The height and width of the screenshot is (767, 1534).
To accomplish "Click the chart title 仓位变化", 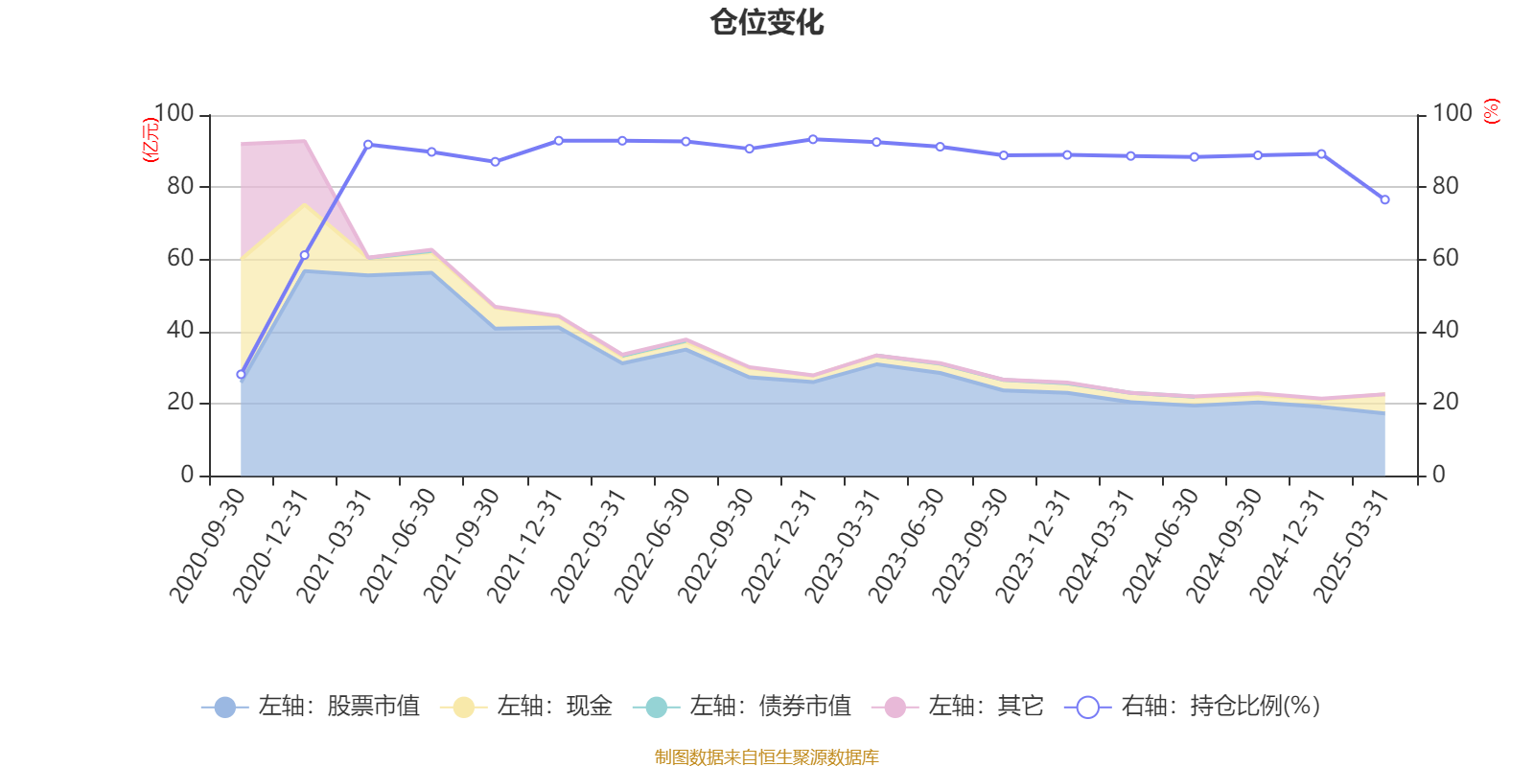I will [x=767, y=22].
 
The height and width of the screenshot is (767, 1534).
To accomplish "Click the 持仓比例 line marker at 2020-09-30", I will [x=241, y=375].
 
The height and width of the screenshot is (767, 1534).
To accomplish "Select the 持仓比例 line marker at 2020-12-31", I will [x=305, y=255].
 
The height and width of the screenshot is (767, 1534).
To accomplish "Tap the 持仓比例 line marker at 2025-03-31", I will [x=1384, y=199].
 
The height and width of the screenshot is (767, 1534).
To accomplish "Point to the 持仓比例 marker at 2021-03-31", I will [x=368, y=144].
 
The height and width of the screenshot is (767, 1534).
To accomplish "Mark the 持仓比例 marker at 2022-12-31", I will [x=813, y=139].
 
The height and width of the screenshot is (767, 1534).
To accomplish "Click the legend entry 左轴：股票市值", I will [x=311, y=707].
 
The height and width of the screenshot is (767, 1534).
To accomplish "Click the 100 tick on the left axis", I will [x=174, y=114].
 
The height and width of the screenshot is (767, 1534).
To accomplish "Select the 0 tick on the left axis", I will [x=187, y=475].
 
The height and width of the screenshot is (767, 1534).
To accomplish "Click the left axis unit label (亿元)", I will [x=151, y=140].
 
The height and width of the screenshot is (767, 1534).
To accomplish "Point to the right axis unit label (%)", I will [x=1491, y=111].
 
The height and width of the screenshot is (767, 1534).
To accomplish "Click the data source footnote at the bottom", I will [x=767, y=757].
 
